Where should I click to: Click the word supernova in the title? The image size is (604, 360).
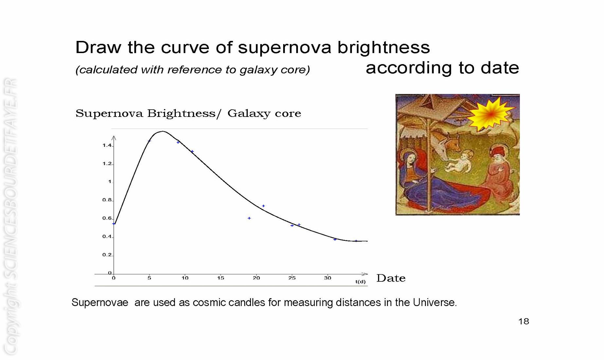[284, 48]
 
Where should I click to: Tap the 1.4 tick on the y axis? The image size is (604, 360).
[107, 145]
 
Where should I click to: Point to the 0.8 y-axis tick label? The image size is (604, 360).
[107, 200]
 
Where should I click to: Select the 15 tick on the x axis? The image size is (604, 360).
[221, 278]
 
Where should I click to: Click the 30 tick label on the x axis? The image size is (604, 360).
[327, 278]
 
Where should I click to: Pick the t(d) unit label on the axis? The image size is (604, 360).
[360, 281]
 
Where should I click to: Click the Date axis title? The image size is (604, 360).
[391, 278]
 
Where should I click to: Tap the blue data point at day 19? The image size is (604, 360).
[249, 218]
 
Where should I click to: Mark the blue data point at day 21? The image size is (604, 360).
[264, 206]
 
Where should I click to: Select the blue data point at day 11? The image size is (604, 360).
[192, 152]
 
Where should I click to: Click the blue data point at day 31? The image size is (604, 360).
[335, 240]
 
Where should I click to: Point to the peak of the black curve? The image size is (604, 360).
[163, 131]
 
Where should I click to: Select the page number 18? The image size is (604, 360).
[524, 322]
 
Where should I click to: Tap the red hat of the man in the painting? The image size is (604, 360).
[498, 151]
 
